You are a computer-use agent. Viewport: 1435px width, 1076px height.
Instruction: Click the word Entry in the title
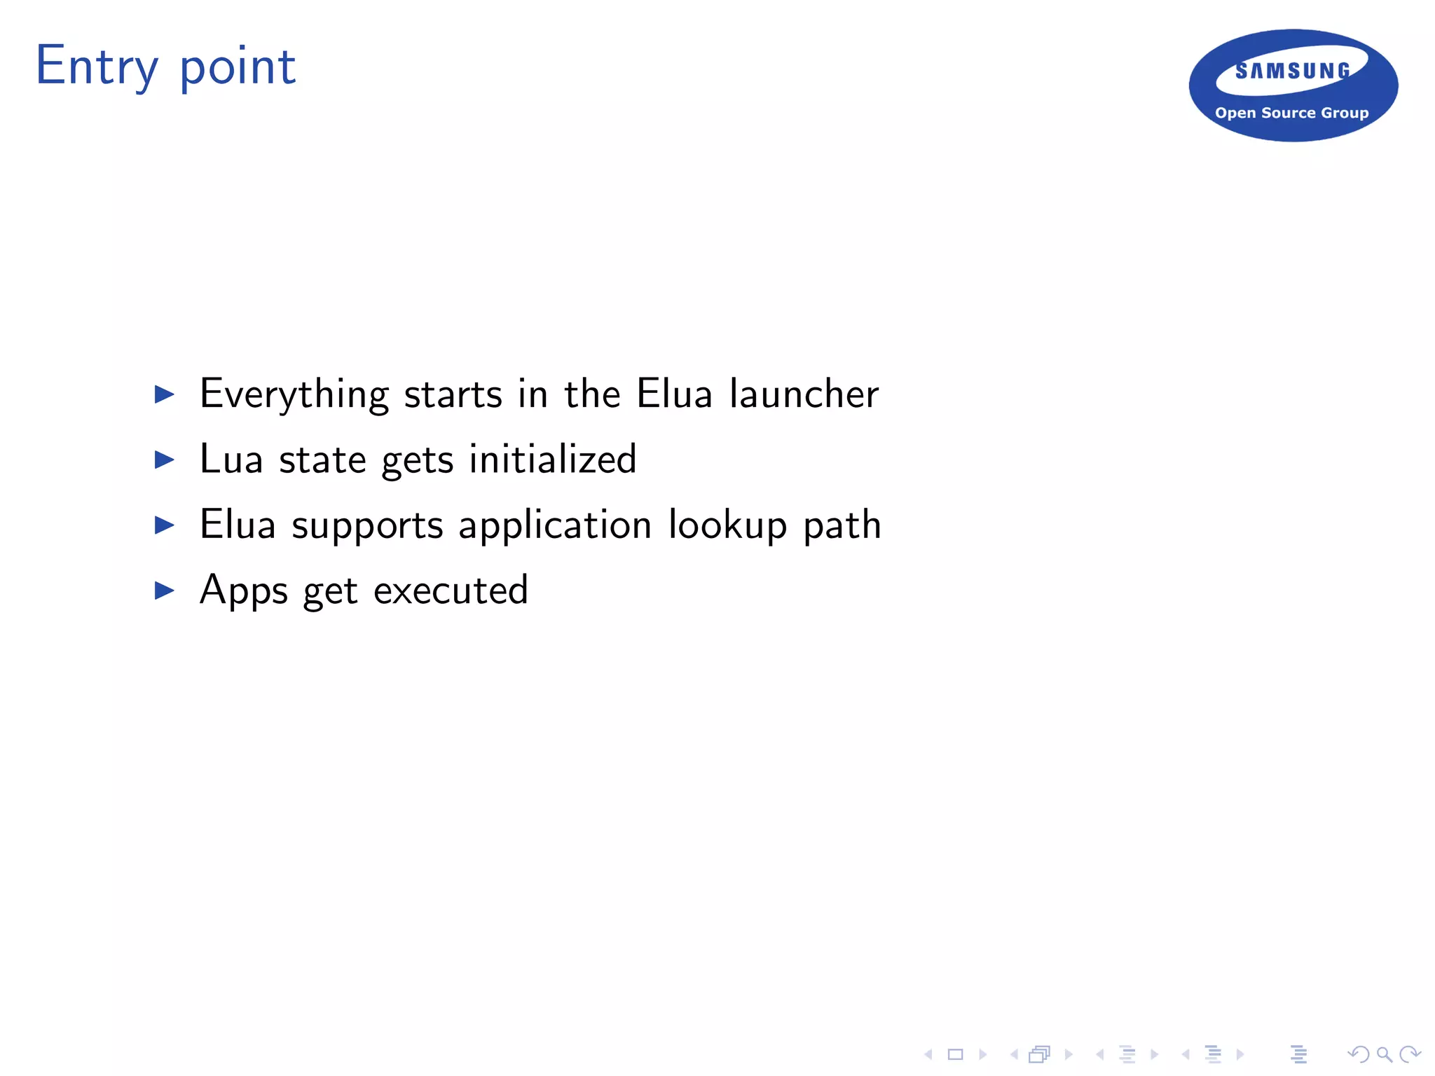97,67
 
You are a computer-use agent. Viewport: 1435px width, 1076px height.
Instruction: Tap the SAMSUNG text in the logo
1292,71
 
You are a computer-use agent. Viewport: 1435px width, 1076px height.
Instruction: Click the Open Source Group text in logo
1291,113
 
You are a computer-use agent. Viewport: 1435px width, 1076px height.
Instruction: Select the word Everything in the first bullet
294,394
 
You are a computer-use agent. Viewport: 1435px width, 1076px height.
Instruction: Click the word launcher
804,394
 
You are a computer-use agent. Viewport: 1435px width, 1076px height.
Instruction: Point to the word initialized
553,460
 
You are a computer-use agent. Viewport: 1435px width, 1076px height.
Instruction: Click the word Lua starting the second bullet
231,460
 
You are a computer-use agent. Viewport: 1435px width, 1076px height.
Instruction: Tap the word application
555,525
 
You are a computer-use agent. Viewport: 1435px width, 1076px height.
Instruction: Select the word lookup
728,525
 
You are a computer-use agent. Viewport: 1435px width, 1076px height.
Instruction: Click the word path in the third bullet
842,525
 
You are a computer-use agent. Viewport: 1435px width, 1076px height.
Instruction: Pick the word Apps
244,591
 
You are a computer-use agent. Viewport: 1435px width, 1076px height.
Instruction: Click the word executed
451,591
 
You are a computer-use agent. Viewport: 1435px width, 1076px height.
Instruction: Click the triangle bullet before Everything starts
164,394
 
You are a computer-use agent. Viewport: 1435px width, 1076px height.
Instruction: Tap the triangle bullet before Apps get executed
164,591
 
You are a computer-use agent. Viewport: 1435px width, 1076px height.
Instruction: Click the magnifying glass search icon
1384,1054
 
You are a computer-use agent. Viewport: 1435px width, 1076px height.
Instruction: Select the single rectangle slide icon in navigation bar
956,1054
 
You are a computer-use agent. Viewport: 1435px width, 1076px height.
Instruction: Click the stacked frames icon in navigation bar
1040,1054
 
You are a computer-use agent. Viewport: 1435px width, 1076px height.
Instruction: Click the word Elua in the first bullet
674,394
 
